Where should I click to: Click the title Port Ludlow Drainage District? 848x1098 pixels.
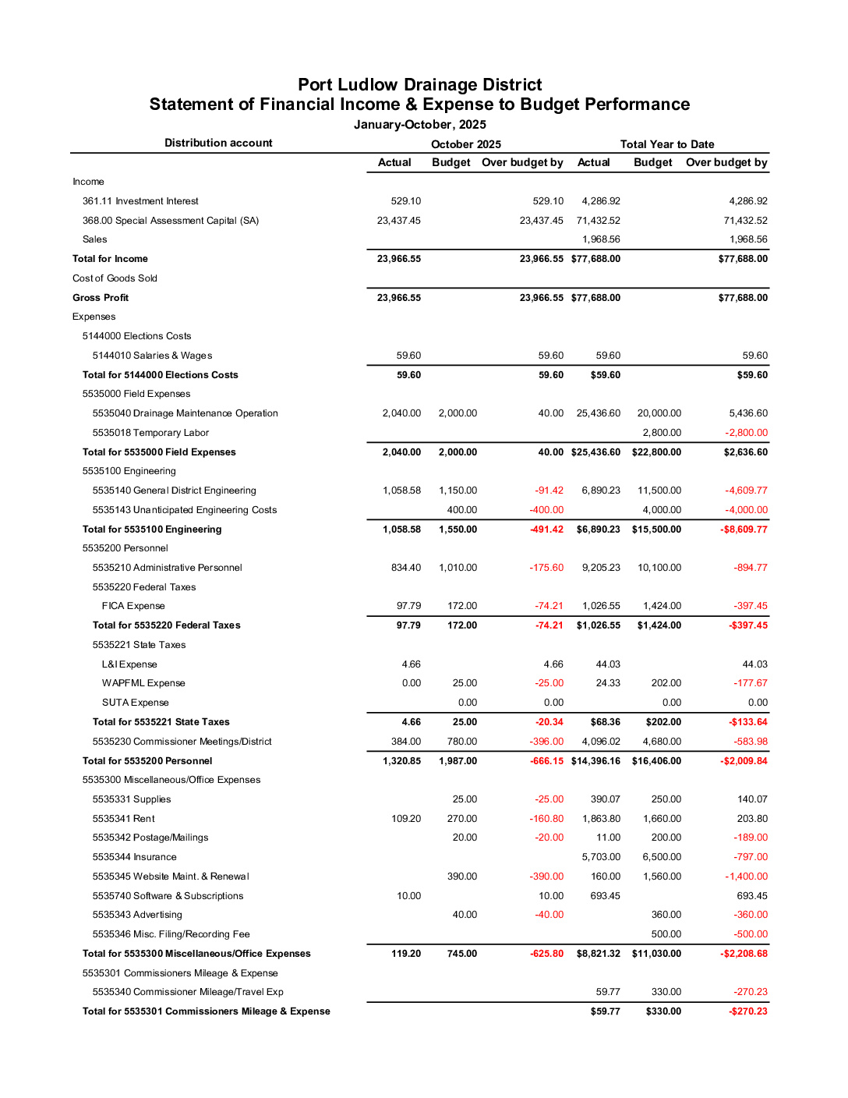click(x=419, y=85)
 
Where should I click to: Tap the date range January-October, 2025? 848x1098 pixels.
click(x=419, y=125)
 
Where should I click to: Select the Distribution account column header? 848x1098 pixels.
click(x=218, y=143)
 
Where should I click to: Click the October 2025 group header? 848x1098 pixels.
click(x=466, y=144)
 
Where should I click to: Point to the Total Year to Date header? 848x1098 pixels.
click(x=667, y=144)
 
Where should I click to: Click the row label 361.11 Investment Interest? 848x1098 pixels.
click(x=140, y=201)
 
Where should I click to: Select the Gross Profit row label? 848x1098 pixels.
click(x=101, y=298)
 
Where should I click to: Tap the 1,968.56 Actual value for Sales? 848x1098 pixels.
click(x=601, y=239)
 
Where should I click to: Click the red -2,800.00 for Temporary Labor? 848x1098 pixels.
click(x=747, y=433)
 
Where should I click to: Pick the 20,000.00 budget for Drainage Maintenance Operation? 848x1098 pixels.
click(x=659, y=413)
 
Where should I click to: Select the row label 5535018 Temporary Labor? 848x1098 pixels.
click(x=150, y=433)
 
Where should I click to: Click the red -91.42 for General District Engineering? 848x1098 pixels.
click(x=549, y=491)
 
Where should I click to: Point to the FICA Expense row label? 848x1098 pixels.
click(x=133, y=606)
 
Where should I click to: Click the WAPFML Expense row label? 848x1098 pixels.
click(x=143, y=683)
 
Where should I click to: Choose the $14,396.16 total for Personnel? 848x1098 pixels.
click(x=595, y=761)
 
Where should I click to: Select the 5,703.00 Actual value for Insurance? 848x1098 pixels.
click(x=601, y=857)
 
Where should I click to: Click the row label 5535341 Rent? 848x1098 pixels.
click(x=123, y=819)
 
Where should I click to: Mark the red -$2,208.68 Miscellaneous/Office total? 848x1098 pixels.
click(x=744, y=954)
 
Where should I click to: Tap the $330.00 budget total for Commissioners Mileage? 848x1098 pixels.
click(x=663, y=1011)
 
